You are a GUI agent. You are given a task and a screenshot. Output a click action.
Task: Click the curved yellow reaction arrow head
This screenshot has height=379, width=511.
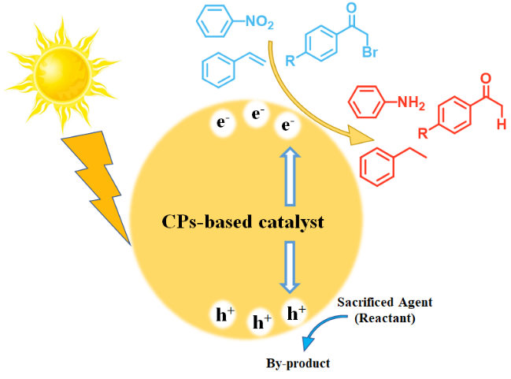[359, 139]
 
